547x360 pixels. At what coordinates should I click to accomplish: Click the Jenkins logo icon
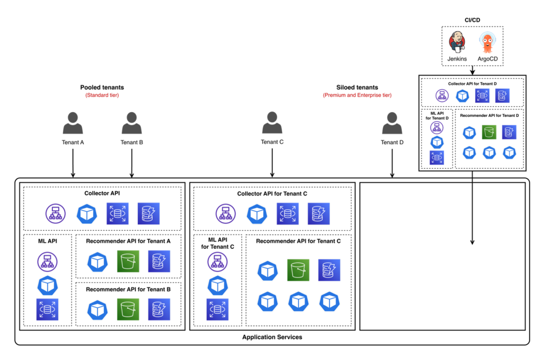(x=457, y=42)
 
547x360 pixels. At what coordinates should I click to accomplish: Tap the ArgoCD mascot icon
(x=487, y=42)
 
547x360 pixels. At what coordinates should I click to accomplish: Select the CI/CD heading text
(x=472, y=20)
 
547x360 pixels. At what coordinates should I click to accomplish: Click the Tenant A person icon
(x=73, y=123)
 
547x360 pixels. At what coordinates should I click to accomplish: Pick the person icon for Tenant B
(x=131, y=123)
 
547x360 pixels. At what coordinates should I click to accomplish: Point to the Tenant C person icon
(x=272, y=123)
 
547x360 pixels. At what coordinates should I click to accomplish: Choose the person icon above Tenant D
(x=392, y=123)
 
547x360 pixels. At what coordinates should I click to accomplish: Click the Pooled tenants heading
(x=102, y=87)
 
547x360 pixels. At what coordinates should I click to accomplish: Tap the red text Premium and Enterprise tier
(x=357, y=95)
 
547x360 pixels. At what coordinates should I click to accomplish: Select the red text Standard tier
(x=102, y=95)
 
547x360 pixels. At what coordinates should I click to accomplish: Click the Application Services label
(x=272, y=338)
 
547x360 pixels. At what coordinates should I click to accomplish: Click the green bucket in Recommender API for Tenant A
(x=128, y=261)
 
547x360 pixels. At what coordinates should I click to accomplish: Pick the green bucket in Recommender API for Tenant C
(x=298, y=270)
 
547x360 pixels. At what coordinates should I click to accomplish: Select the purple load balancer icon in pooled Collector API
(x=56, y=214)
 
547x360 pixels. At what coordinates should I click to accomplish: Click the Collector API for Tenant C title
(x=272, y=194)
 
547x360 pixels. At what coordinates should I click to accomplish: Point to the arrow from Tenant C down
(x=272, y=163)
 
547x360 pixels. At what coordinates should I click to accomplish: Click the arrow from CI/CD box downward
(x=472, y=71)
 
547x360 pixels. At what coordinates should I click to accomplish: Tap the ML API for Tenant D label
(x=436, y=115)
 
